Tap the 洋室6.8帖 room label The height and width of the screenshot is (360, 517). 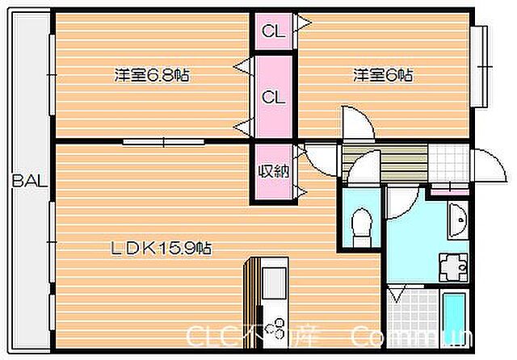tap(152, 76)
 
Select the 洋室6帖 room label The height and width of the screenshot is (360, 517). tap(382, 76)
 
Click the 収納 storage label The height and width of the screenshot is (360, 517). tap(273, 171)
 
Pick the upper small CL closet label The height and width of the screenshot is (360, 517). tap(273, 33)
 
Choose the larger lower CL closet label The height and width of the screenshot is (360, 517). tap(273, 98)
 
